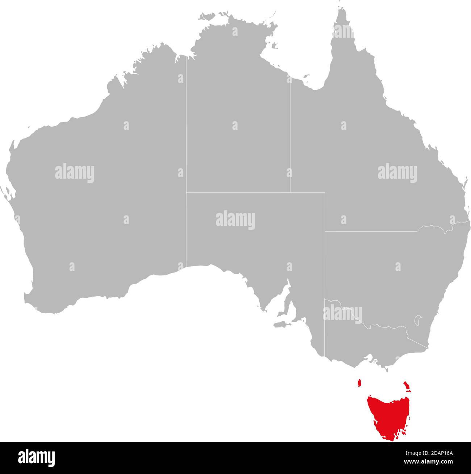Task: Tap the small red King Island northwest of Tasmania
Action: pos(359,383)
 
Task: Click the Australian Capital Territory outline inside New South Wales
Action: pos(418,320)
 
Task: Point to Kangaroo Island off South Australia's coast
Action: pos(280,324)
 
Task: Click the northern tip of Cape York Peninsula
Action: pos(341,9)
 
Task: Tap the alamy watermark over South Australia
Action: pos(236,220)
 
